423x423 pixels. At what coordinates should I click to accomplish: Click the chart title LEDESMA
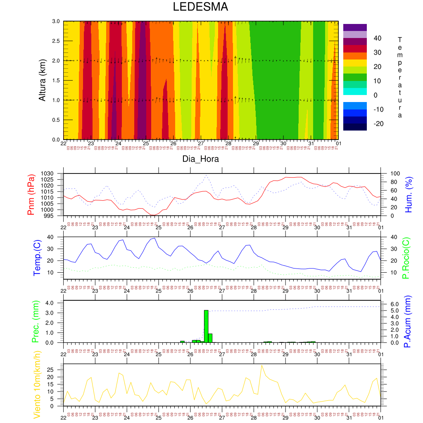(200, 7)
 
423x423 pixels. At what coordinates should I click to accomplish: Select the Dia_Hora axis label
(200, 159)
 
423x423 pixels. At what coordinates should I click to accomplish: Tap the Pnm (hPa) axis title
(31, 194)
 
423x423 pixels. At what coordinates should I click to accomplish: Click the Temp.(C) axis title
(37, 257)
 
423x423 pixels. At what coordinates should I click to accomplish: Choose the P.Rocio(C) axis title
(406, 258)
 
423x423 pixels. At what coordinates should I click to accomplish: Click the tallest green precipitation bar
(206, 326)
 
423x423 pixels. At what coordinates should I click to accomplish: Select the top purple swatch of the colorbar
(355, 27)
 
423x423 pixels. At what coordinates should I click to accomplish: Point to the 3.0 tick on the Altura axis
(56, 21)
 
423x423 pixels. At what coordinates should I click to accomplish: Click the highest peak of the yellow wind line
(261, 365)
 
